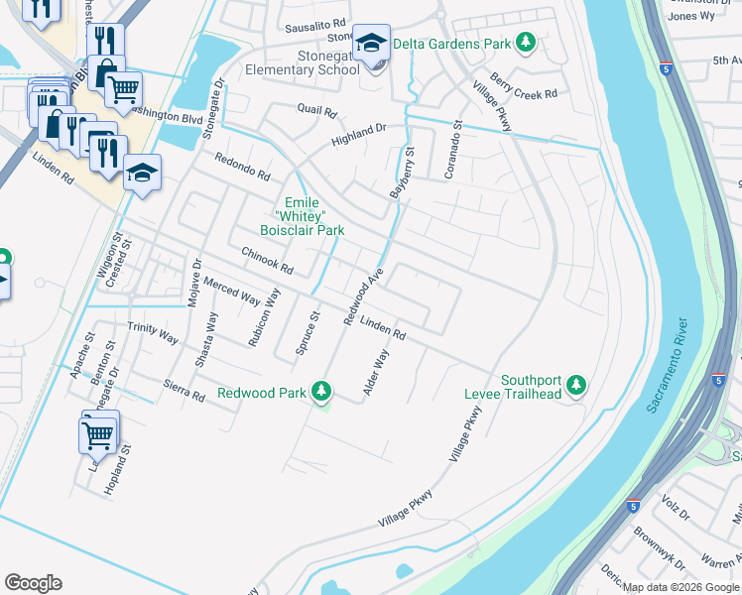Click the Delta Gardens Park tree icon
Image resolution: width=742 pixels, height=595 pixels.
coord(527,43)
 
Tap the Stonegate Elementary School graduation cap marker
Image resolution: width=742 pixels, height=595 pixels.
coord(373,44)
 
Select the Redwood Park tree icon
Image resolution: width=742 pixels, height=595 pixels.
coord(321,393)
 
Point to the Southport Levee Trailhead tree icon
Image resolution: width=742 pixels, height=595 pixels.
coord(576,387)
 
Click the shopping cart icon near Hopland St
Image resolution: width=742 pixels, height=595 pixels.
coord(98,433)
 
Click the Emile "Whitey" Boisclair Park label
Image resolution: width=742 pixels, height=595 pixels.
coord(302,216)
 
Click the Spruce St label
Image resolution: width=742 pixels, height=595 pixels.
coord(307,333)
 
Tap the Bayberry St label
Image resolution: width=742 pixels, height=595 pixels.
coord(402,174)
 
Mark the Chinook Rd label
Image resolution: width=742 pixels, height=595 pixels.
coord(268,261)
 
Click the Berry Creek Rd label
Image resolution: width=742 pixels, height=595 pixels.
coord(523,92)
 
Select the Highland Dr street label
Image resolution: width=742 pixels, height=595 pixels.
coord(358,135)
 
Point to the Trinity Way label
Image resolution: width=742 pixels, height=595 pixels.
coord(153,334)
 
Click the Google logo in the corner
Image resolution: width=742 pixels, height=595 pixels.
coord(33,583)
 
